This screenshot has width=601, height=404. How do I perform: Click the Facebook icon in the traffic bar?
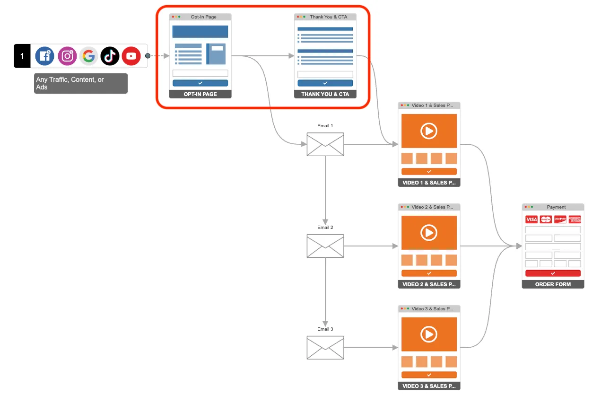point(45,56)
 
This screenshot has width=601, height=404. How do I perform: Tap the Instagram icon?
point(67,56)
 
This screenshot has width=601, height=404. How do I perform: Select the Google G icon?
point(88,56)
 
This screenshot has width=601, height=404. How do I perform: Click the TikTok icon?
point(110,56)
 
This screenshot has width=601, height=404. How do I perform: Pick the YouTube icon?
point(131,56)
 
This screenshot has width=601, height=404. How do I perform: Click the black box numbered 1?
point(22,56)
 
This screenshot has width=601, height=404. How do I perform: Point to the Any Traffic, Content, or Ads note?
point(80,83)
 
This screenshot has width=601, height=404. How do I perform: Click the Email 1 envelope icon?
point(325,144)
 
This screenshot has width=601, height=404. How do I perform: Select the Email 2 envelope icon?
point(325,246)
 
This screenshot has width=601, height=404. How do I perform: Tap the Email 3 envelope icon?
point(325,348)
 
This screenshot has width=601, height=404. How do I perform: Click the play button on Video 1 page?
point(429,131)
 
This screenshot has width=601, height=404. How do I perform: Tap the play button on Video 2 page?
point(429,233)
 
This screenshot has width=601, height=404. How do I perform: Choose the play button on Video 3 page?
point(429,334)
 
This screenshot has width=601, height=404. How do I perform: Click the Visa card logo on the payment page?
point(531,220)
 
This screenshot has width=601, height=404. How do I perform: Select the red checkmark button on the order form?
point(553,273)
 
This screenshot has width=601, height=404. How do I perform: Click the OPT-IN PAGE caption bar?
point(200,94)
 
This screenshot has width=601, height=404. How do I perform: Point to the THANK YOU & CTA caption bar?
point(325,94)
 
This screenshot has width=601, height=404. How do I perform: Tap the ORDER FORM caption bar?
point(553,284)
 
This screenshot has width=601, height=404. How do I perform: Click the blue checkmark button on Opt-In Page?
point(200,83)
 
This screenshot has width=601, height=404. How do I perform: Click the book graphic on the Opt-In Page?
point(216,54)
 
